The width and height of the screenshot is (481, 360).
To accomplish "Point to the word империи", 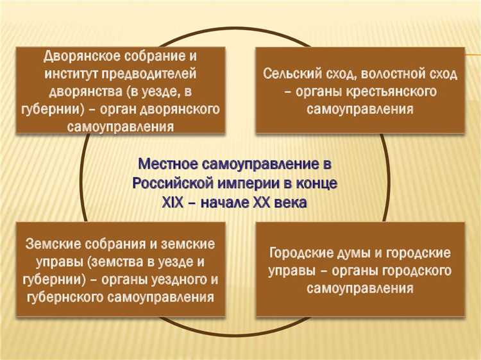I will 253,183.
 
